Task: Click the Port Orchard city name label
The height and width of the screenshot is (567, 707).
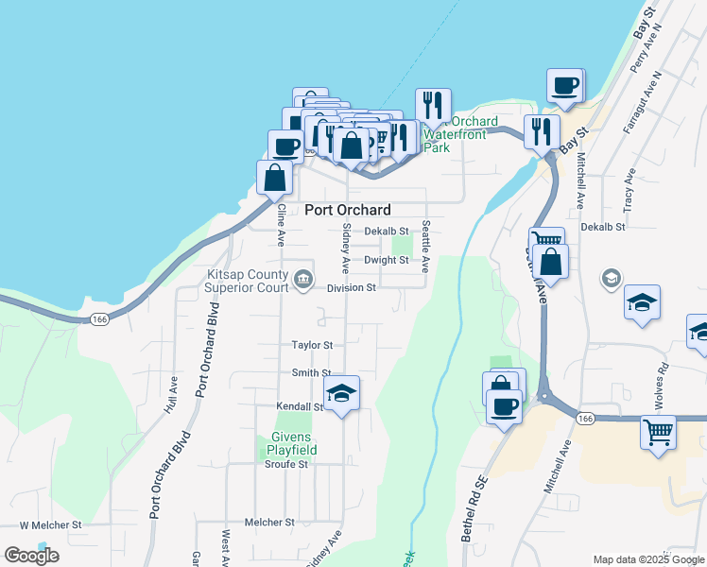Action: point(347,210)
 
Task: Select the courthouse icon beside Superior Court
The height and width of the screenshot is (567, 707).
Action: point(304,278)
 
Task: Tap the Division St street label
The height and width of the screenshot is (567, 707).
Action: point(351,288)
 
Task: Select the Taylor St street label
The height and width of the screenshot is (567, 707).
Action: point(313,346)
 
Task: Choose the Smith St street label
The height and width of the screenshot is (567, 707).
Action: point(311,373)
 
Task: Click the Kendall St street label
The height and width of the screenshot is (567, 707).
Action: point(301,406)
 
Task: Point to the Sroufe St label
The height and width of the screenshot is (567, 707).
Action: point(286,465)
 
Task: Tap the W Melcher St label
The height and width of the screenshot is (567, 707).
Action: point(51,524)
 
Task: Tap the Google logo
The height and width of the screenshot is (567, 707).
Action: point(31,556)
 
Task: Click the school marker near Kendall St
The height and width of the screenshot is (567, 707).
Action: point(341,395)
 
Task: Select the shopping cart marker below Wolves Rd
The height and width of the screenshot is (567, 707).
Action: point(658,432)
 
